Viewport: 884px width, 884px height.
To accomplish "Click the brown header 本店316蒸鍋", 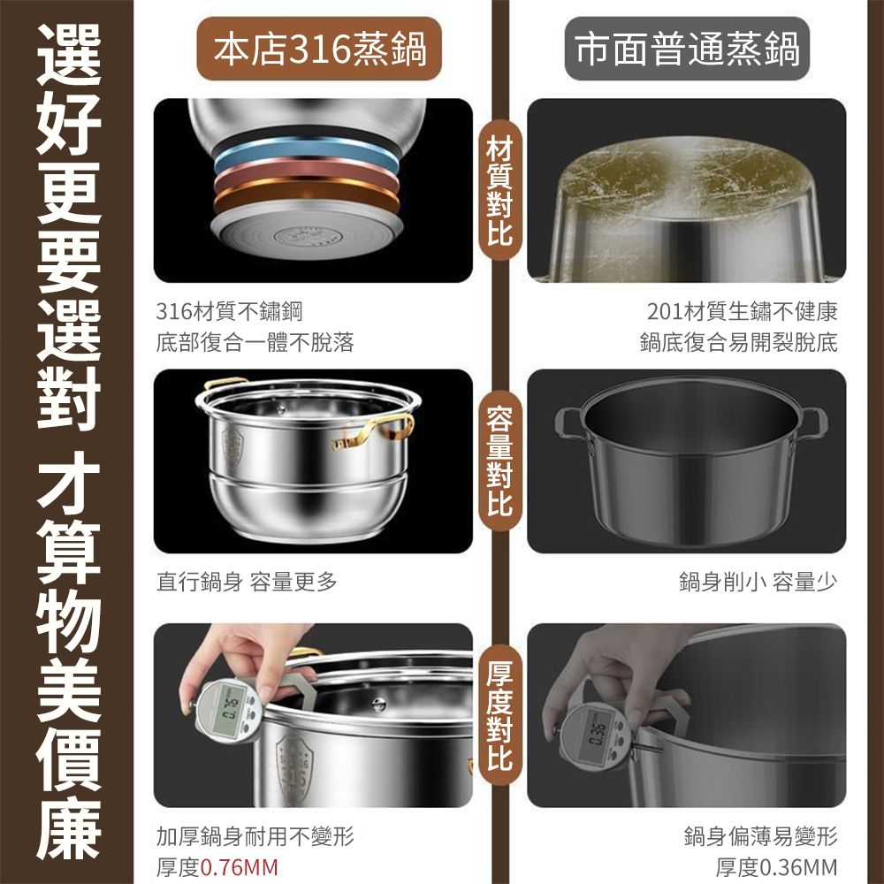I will point(318,50).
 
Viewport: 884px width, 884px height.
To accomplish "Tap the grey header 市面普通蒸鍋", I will point(687,50).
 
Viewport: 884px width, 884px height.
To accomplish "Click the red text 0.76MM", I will point(240,866).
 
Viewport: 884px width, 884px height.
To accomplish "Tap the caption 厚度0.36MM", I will point(776,866).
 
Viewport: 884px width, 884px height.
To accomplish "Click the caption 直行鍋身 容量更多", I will point(247,582).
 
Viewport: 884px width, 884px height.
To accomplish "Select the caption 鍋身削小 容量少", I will point(758,582).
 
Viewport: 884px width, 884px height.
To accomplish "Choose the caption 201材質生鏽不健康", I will point(742,311).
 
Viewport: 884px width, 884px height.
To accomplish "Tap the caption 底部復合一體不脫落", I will point(255,342).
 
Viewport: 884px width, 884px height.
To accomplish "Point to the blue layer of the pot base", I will point(305,156).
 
